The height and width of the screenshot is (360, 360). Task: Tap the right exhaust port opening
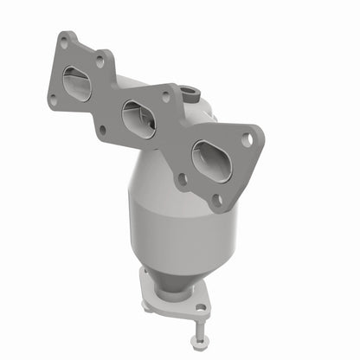(210, 161)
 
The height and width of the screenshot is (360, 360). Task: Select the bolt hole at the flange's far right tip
(247, 138)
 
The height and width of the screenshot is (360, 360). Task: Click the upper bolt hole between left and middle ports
(100, 62)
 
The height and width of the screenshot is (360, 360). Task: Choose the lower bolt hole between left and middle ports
(102, 130)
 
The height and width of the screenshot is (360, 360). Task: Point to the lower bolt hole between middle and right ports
(183, 180)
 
